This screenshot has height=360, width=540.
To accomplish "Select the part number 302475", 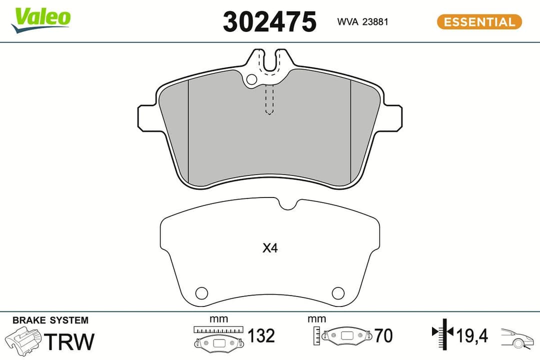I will [269, 22].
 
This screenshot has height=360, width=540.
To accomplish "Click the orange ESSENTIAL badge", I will [479, 22].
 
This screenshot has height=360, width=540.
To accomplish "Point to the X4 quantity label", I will [270, 248].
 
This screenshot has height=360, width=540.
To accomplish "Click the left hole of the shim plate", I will [201, 292].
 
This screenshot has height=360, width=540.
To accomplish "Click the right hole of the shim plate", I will [338, 292].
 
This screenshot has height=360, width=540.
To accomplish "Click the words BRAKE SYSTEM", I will [50, 320].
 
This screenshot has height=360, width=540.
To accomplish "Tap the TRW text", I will [69, 341].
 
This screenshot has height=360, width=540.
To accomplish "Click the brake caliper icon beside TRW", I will [24, 341].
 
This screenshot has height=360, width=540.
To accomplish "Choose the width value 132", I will [260, 336].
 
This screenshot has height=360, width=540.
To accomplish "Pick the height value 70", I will [383, 336].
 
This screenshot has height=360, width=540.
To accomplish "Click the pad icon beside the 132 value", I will [219, 342].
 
